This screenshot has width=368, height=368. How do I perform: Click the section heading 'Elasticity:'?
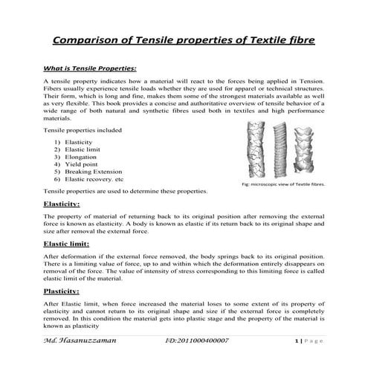pyautogui.click(x=62, y=203)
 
